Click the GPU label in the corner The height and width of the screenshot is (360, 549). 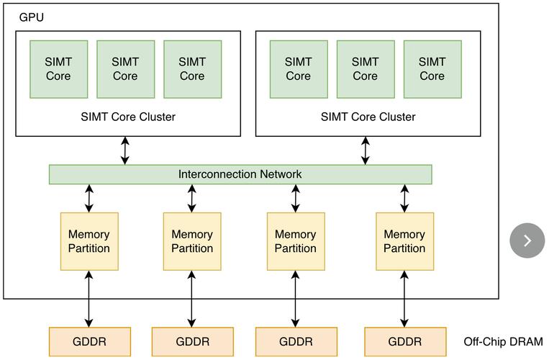tap(31, 17)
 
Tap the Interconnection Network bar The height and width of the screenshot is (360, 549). tap(240, 174)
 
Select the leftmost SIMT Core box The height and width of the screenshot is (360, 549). tap(58, 69)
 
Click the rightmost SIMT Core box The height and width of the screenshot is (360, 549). tap(432, 69)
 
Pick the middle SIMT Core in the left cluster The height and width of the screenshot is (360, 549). tap(125, 69)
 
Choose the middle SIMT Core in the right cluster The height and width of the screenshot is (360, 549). tap(365, 69)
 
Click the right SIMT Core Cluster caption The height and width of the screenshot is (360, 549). tap(368, 117)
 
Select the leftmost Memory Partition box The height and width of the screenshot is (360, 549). tap(89, 241)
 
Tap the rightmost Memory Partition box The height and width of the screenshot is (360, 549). tap(404, 241)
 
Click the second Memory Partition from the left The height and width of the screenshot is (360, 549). tap(192, 241)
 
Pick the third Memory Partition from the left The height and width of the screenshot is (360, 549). tap(296, 241)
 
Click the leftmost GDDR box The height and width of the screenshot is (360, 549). tap(89, 341)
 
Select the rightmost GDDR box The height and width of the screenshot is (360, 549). tap(405, 341)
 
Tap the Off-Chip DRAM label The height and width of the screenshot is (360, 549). tap(504, 342)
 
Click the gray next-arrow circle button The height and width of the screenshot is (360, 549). tap(527, 240)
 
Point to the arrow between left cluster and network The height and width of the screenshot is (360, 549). tap(125, 150)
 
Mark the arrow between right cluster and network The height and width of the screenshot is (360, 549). tap(366, 150)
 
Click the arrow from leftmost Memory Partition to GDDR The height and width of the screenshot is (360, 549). tap(89, 299)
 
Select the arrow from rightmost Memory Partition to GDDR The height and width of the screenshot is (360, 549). tap(405, 299)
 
